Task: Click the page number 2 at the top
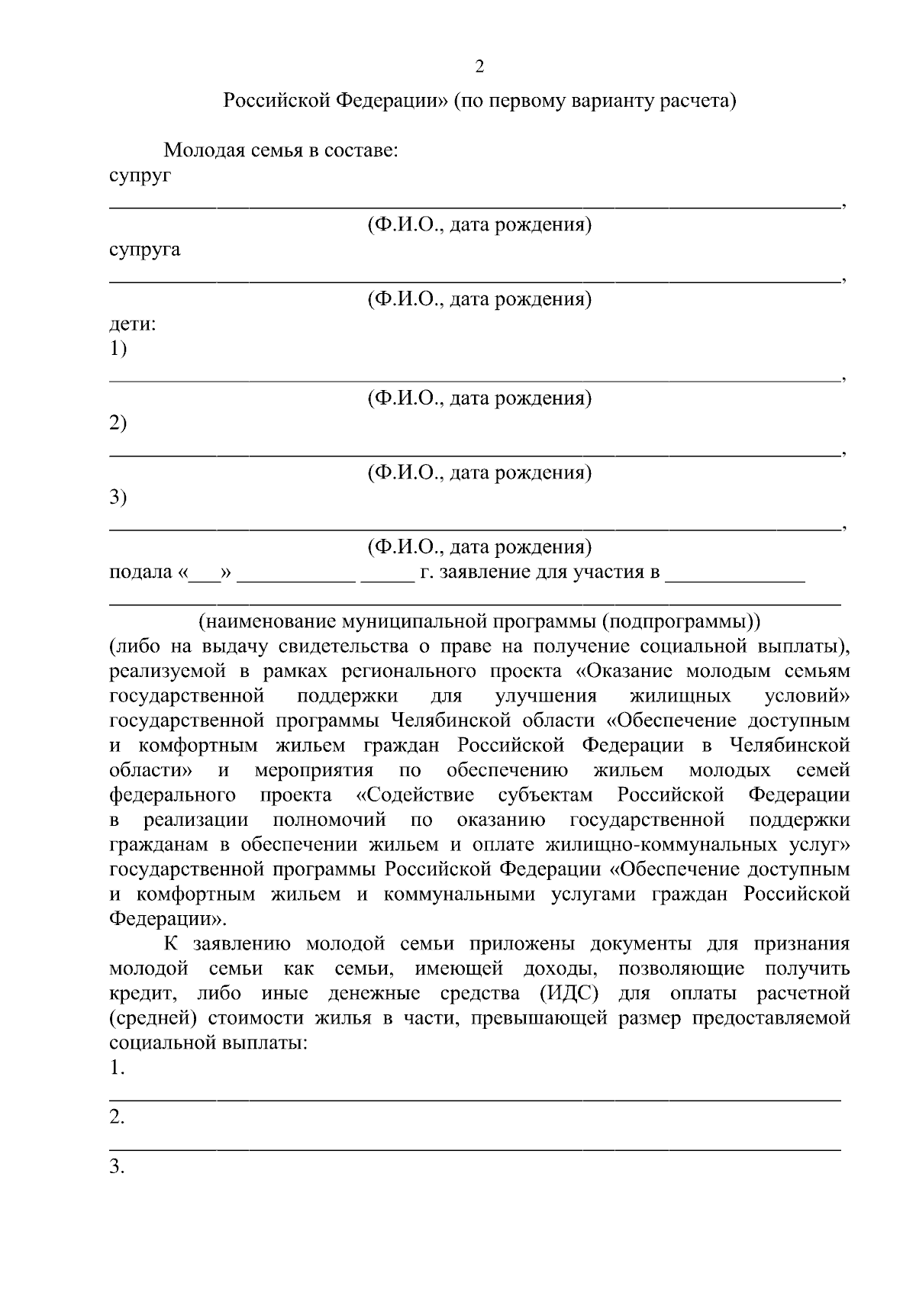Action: pos(479,67)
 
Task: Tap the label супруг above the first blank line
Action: pos(140,176)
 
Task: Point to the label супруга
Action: pos(145,250)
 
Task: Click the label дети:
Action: pos(133,324)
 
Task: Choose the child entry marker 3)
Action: pos(118,498)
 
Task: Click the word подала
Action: pos(141,572)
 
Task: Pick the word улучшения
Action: pos(545,696)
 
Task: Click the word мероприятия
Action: pos(314,770)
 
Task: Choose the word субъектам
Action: pos(545,795)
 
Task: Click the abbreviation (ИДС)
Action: pos(568,994)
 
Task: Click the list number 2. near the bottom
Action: pos(117,1117)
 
